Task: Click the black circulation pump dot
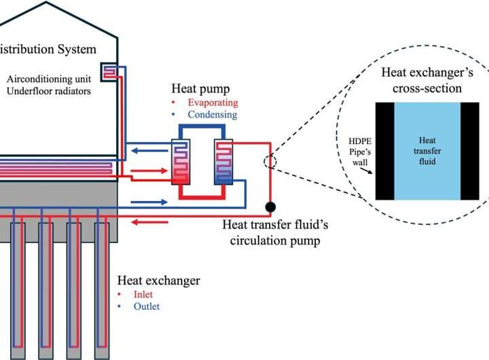(270, 206)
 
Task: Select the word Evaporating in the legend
(213, 103)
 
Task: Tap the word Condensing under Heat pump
(213, 115)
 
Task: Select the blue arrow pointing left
(147, 143)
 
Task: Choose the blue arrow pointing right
(147, 202)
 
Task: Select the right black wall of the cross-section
(471, 151)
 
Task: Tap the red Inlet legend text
(144, 294)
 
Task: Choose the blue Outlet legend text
(147, 306)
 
